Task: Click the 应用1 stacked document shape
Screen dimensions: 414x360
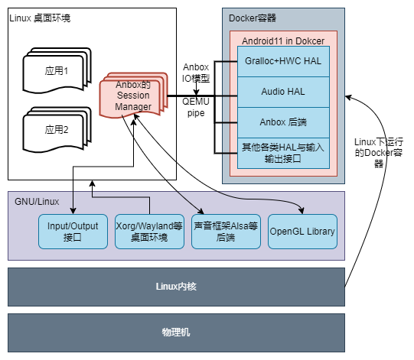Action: pos(57,70)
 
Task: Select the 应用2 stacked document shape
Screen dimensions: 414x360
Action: pos(57,129)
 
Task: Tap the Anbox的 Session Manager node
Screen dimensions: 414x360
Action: pos(133,96)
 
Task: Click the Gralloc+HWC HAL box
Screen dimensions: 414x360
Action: pos(283,61)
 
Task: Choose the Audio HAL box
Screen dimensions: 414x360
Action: pos(283,92)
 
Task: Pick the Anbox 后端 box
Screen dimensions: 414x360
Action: pos(283,122)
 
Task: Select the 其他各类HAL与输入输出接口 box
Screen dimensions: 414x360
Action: pos(283,153)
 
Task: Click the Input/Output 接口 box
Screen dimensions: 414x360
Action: pos(73,232)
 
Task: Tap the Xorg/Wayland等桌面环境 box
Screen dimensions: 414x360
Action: pos(149,232)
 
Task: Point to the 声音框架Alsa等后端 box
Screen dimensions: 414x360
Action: pos(226,232)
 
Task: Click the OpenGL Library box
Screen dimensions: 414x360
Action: pos(302,232)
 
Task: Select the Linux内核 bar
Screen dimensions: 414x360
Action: pos(176,287)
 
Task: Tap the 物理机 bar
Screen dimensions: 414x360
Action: pos(176,332)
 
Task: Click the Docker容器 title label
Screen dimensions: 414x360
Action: pos(253,18)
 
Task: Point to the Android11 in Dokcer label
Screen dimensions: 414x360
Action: pos(283,41)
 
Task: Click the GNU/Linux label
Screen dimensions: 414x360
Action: pos(37,202)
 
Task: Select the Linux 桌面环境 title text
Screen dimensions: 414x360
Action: pos(40,18)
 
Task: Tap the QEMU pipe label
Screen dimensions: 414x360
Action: pos(196,107)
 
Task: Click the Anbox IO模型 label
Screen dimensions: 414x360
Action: pos(196,73)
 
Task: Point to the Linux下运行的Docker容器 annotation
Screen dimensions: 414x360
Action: pos(379,153)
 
